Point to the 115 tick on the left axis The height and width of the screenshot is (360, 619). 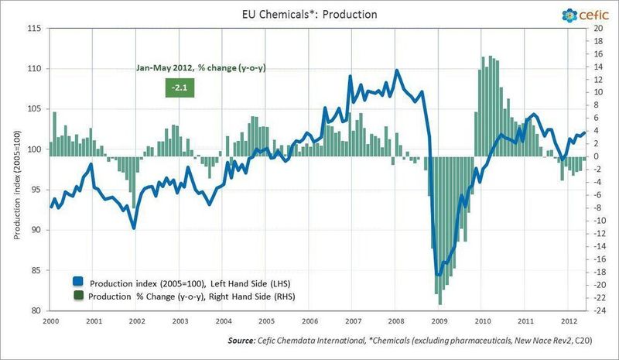tap(34, 29)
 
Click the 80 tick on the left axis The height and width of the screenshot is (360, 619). tap(36, 311)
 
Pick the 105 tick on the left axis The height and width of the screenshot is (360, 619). tap(34, 109)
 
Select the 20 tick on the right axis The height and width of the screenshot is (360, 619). tap(597, 29)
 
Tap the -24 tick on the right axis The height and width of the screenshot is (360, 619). tap(597, 311)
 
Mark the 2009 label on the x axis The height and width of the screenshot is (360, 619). tap(439, 321)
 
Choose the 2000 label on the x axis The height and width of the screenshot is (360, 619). tap(51, 321)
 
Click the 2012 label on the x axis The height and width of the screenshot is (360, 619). tap(568, 321)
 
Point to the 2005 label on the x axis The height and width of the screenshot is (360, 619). tap(266, 321)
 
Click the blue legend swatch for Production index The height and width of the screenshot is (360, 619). tap(78, 280)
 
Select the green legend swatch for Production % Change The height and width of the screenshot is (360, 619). tap(78, 296)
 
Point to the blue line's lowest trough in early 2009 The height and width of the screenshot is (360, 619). tap(439, 275)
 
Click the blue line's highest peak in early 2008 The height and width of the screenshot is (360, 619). tap(397, 70)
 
